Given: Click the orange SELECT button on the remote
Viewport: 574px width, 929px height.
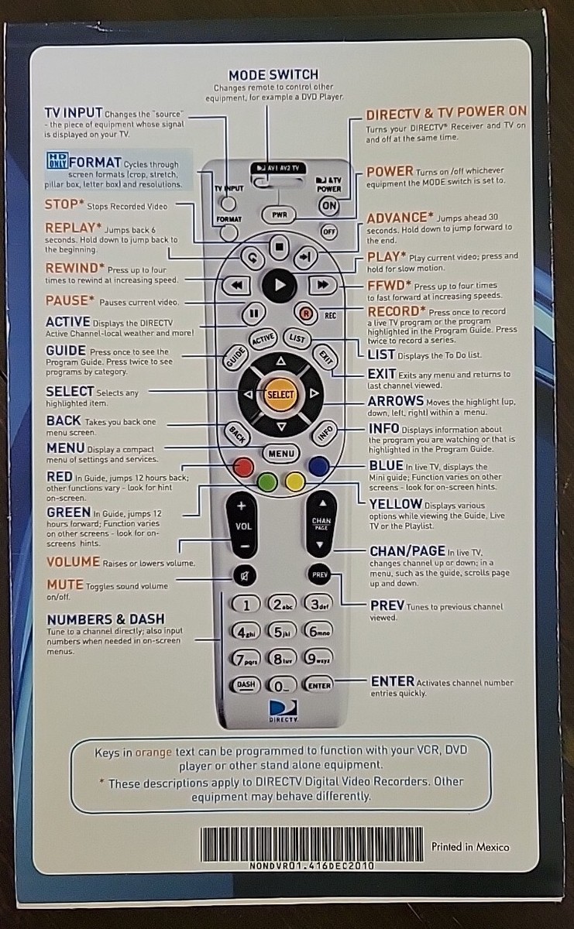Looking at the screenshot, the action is (280, 394).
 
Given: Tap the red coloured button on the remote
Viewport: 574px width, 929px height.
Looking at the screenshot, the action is (243, 467).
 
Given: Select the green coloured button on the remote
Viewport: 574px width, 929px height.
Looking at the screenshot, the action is (267, 482).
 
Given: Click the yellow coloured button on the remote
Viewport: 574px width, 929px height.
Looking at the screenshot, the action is (295, 482).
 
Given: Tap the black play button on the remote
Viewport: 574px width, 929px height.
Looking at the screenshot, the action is (280, 285).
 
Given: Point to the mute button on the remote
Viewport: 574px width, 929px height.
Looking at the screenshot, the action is (245, 575).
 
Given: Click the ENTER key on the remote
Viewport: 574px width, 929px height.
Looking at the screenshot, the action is (318, 685).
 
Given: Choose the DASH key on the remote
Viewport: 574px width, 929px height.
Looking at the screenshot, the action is (246, 684).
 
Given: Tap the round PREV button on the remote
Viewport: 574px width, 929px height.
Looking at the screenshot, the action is (319, 574).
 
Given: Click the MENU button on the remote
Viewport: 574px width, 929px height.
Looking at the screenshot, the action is (281, 454).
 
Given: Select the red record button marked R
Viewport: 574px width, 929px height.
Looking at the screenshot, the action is (306, 314).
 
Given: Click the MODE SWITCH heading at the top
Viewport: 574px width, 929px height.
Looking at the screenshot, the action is (273, 75).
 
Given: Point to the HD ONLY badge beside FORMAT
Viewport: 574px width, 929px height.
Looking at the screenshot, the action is (57, 160).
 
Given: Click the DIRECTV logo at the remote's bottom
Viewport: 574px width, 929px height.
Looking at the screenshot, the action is (284, 711).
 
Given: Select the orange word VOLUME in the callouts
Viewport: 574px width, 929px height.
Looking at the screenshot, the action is (73, 562).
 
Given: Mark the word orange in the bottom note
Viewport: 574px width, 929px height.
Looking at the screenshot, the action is (153, 752).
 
